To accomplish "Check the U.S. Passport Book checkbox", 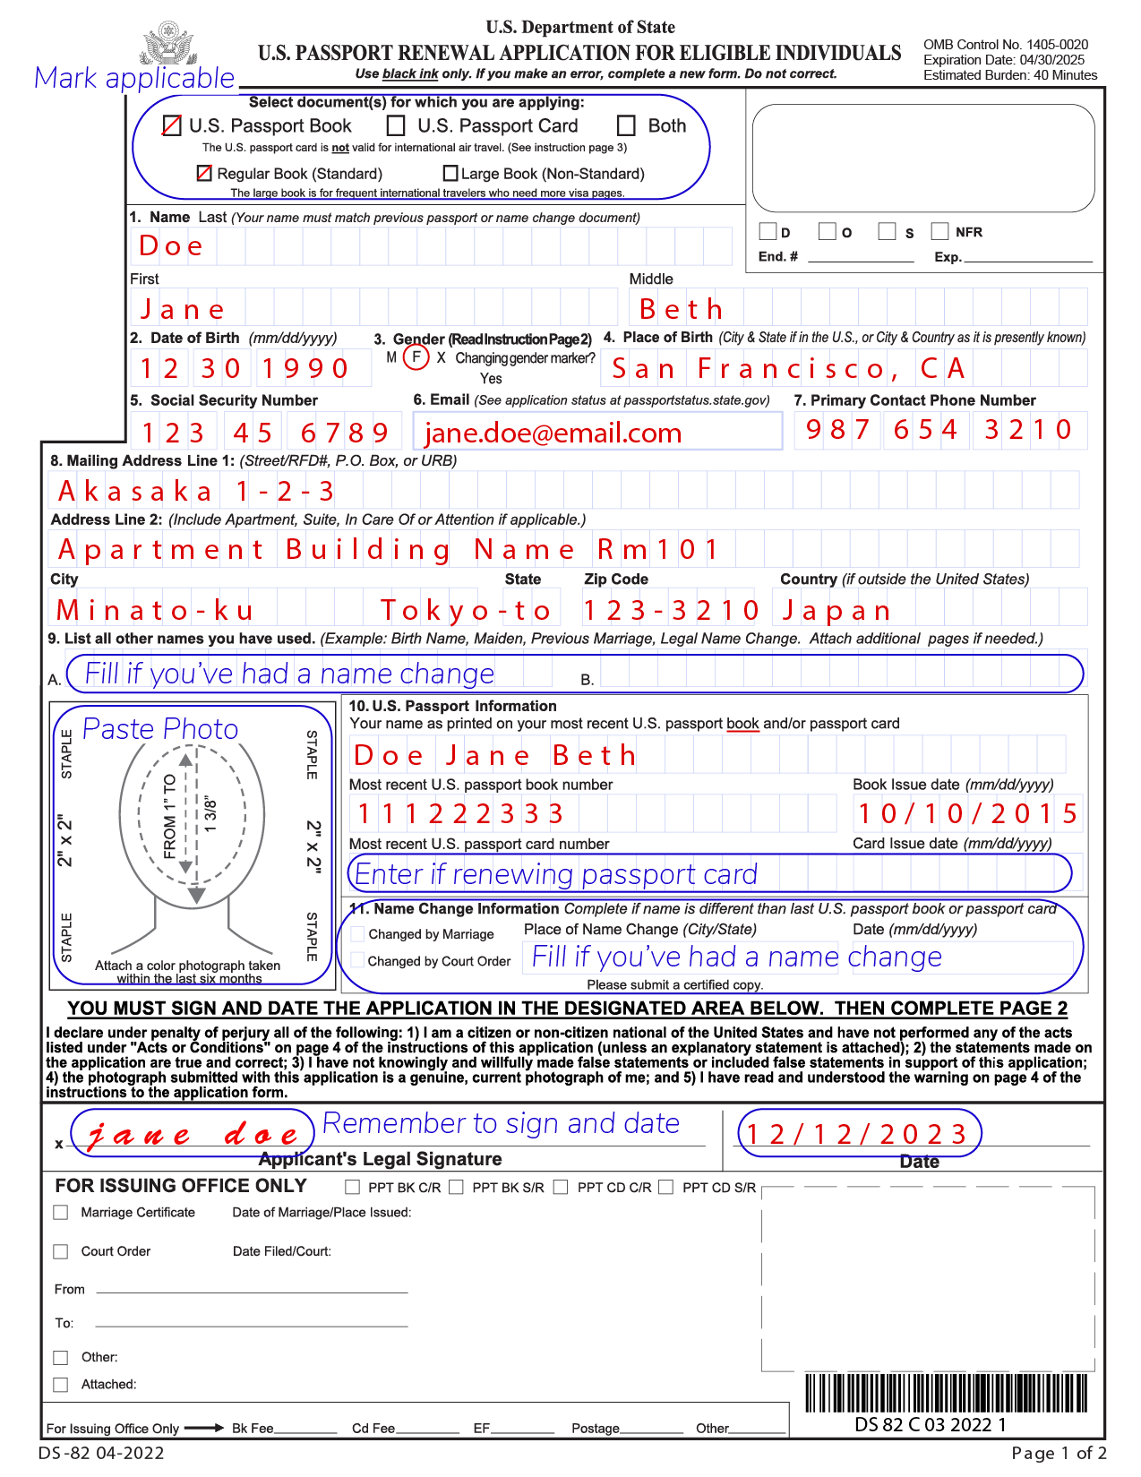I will pos(172,126).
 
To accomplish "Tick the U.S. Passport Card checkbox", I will pos(396,126).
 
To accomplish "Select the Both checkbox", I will pos(627,126).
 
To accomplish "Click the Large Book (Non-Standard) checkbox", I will pos(451,174).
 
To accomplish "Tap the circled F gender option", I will pos(416,357).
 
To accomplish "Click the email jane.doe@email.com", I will pos(553,434).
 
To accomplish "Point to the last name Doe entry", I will pos(171,246).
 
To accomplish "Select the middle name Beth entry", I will pos(681,310).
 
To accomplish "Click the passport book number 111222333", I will pos(460,814).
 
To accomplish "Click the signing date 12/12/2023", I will pos(857,1135).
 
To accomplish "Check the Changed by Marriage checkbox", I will pos(358,934).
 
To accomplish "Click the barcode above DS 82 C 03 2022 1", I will pos(946,1393).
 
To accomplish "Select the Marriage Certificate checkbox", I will pos(61,1213).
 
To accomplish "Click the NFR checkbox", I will pos(939,232).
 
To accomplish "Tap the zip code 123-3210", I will pos(671,611).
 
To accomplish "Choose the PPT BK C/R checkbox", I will pos(352,1188).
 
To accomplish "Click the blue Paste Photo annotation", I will pos(160,729).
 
